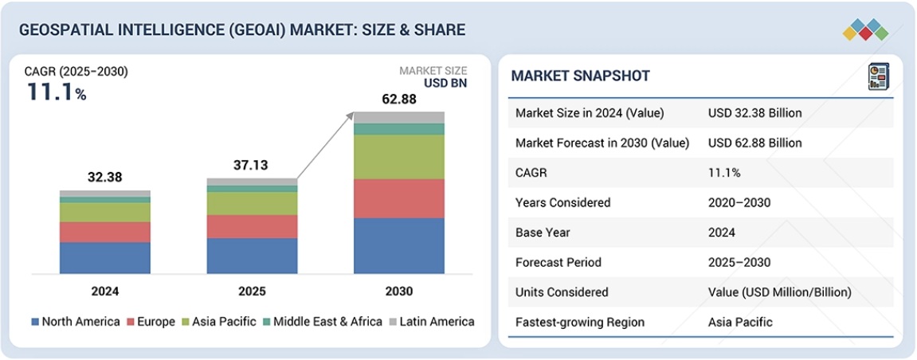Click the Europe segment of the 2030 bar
398,198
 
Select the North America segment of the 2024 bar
104,258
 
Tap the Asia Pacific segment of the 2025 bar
252,203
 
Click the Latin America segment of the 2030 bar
398,117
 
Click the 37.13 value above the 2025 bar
251,166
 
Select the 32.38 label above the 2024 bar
104,178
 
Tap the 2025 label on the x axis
252,291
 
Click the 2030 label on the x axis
398,291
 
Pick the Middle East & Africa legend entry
323,322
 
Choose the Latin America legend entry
432,322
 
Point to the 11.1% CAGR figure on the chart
56,92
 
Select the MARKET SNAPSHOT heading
580,76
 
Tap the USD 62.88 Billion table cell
754,143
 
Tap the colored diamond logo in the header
864,29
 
